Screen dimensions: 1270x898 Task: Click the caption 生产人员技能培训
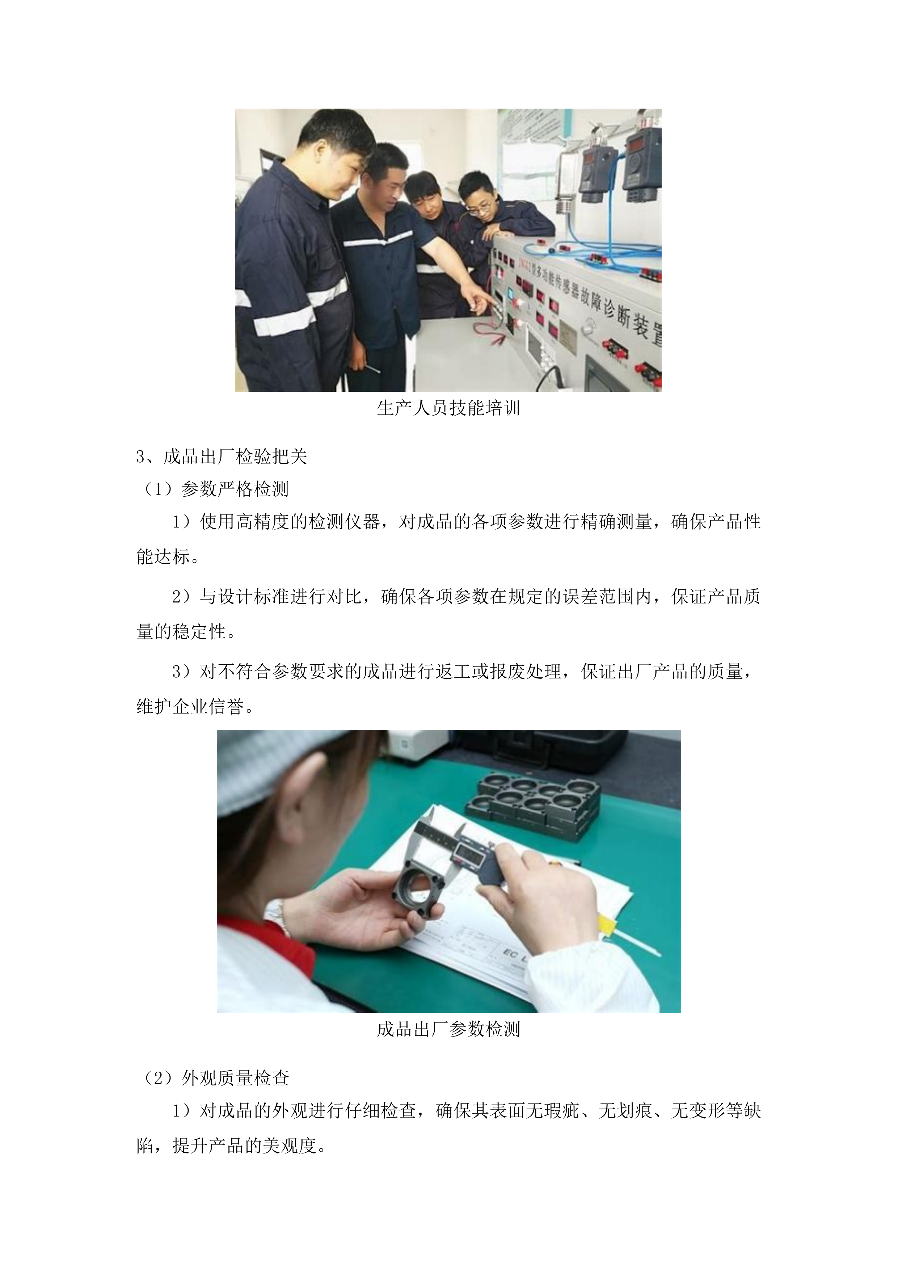coord(448,408)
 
